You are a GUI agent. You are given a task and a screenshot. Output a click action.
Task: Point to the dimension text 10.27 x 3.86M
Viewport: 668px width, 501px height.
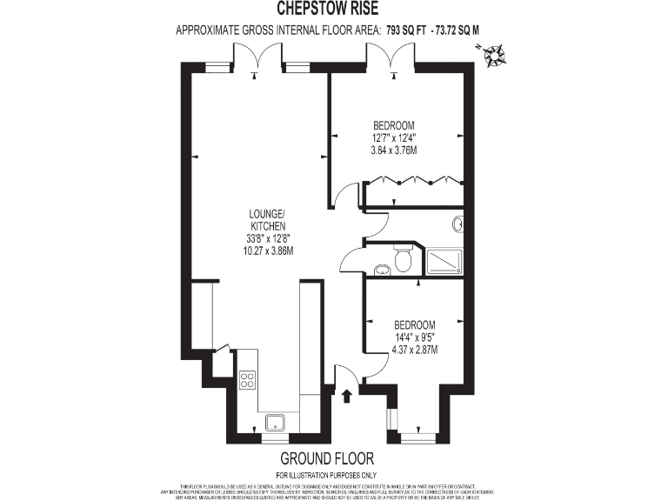click(x=270, y=250)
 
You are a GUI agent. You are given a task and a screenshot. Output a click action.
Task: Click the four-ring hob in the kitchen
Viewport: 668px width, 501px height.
click(x=247, y=380)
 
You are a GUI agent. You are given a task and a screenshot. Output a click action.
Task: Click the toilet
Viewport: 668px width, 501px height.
click(x=403, y=259)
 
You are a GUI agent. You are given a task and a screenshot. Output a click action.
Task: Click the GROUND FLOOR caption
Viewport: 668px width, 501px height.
click(x=326, y=458)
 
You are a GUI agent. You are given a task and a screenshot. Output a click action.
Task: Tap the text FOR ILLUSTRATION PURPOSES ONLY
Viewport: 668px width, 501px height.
click(x=326, y=475)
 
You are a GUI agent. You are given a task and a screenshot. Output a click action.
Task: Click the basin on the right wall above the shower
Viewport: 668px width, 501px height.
click(x=458, y=224)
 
